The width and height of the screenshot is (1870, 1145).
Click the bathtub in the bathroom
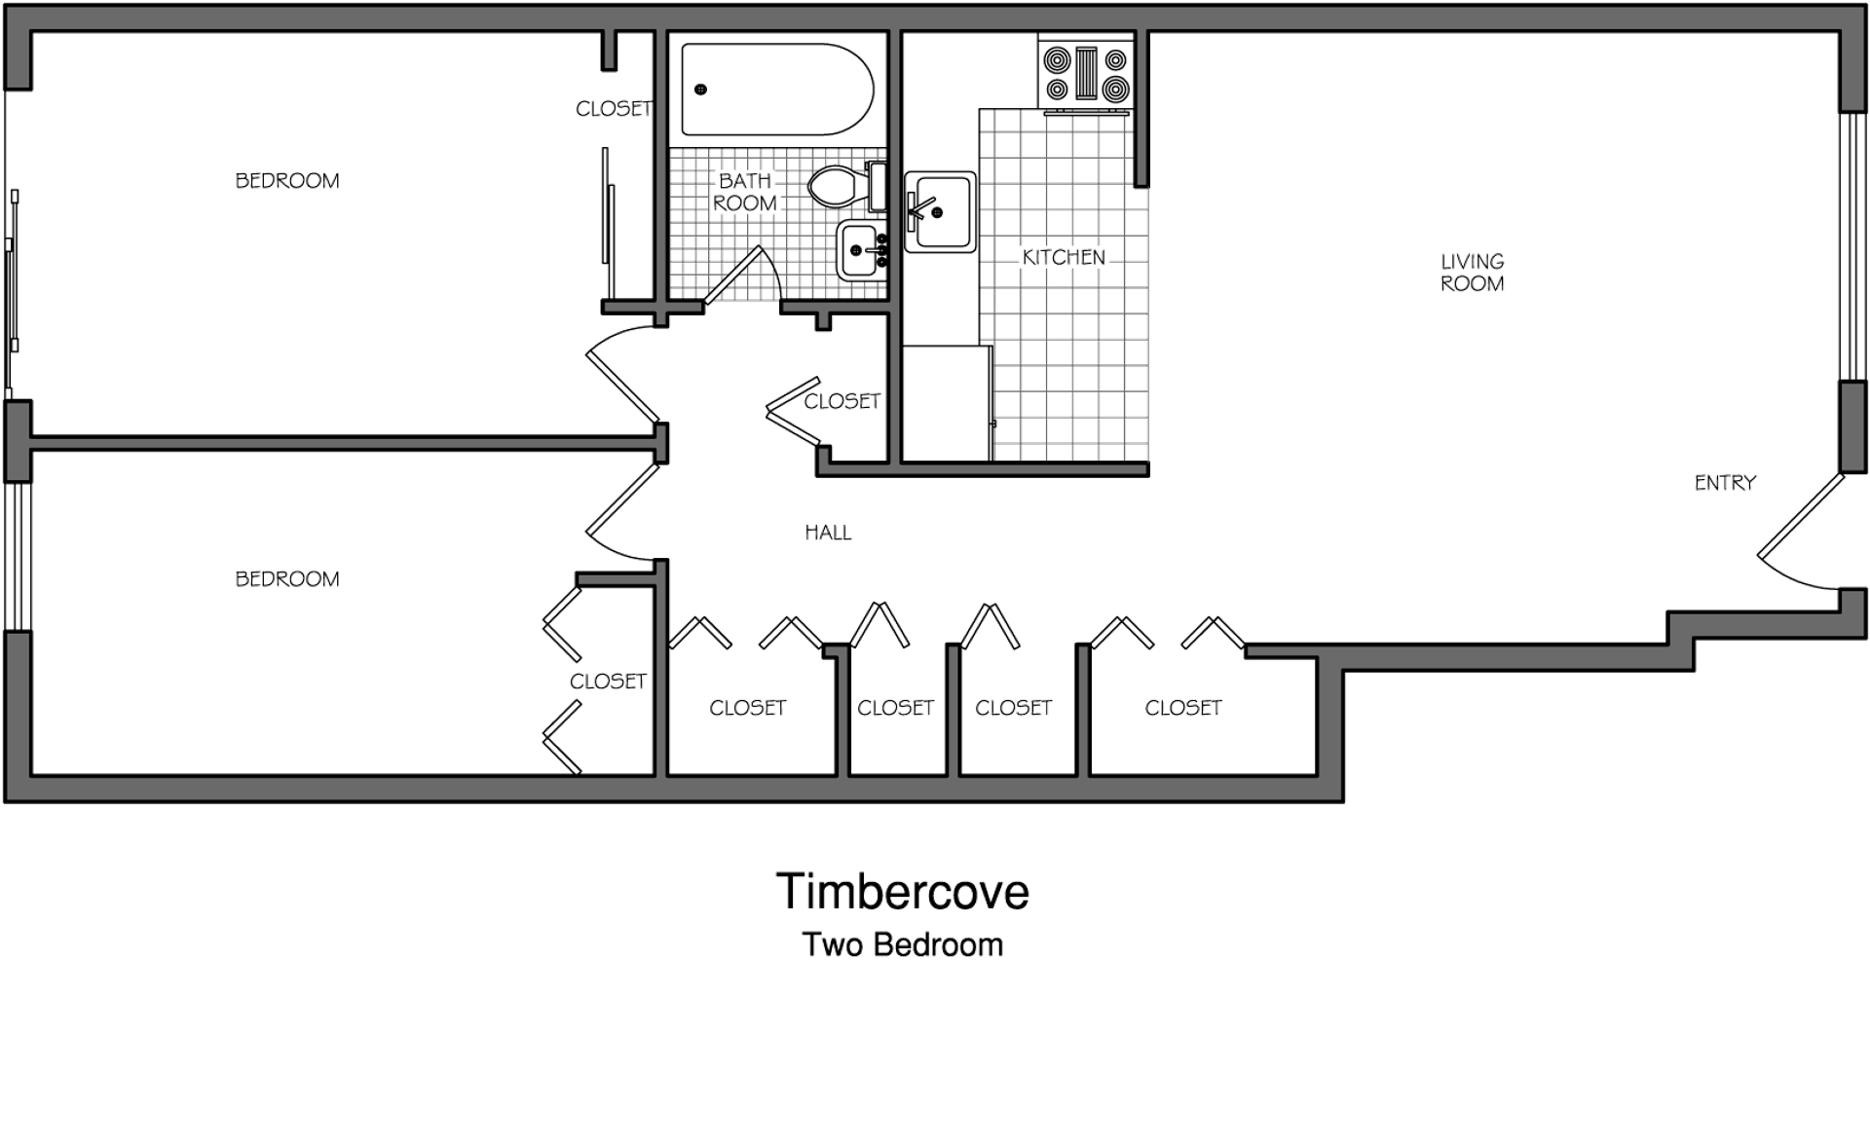point(777,90)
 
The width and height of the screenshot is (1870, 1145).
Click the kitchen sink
point(940,212)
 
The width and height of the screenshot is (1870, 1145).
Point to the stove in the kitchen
point(1086,74)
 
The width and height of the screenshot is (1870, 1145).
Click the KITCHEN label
point(1064,257)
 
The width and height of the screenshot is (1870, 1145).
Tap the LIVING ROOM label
point(1473,273)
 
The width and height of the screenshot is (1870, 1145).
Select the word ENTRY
point(1725,483)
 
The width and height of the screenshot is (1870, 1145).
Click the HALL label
point(828,533)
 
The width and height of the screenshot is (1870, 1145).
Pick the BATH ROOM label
point(745,192)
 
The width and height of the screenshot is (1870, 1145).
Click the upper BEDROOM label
point(287,181)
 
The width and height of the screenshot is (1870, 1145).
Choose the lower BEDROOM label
point(287,579)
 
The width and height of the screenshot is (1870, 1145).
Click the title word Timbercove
point(902,892)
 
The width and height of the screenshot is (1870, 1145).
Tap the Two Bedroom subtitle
point(902,944)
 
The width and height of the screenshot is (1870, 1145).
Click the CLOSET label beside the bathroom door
point(842,401)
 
